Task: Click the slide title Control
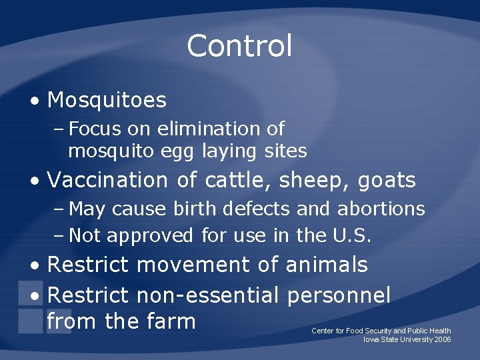point(239,46)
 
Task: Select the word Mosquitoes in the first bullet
point(107,101)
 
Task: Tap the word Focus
point(93,129)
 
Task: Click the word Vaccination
point(107,180)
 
